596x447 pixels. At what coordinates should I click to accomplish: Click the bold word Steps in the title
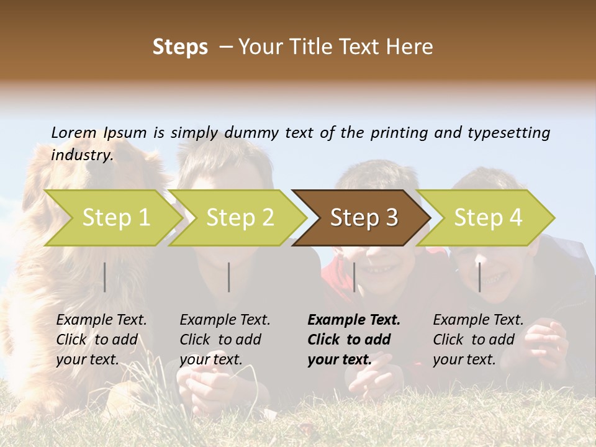click(180, 47)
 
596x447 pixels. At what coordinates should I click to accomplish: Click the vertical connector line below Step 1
click(105, 277)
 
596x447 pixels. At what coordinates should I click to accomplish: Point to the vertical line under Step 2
click(229, 277)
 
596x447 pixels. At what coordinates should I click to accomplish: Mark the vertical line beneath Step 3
click(354, 277)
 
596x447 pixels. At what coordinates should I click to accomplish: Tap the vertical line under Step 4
click(479, 277)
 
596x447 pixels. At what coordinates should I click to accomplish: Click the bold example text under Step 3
click(354, 340)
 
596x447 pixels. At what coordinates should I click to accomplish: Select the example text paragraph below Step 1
click(101, 340)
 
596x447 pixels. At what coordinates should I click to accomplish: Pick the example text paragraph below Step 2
click(225, 340)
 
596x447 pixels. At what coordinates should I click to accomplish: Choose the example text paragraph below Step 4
click(478, 340)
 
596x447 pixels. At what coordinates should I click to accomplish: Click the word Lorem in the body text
click(74, 133)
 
